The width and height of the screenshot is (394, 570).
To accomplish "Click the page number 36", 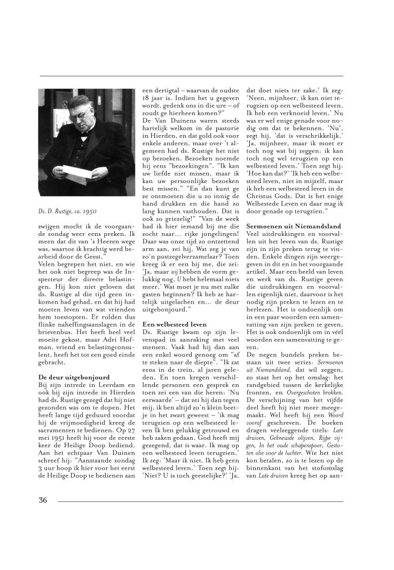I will [43, 500].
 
